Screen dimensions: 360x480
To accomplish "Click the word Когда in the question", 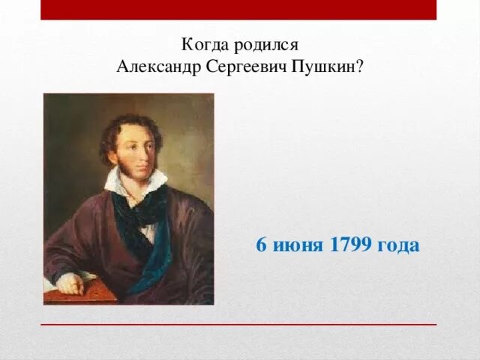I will (205, 44).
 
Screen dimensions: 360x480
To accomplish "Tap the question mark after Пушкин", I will (360, 67).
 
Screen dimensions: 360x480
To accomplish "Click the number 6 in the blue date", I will (262, 245).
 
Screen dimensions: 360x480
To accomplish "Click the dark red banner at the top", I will (238, 10).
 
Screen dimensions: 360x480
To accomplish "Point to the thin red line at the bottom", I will (238, 325).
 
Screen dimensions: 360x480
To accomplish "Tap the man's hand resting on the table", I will (70, 283).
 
